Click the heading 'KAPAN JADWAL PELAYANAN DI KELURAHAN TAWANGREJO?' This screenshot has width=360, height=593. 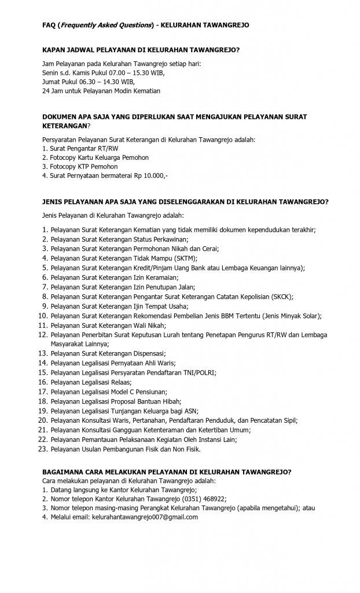pyautogui.click(x=138, y=51)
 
